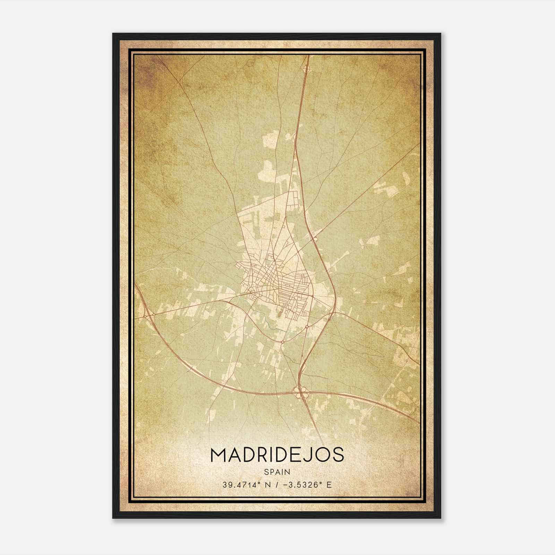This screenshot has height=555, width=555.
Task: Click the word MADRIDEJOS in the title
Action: coord(277,455)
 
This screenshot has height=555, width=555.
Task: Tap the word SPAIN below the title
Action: coord(277,472)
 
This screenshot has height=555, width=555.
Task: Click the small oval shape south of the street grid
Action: coord(279,315)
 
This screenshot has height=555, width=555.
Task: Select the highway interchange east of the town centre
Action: coord(315,238)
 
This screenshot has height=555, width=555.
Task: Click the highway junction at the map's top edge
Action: coord(306,69)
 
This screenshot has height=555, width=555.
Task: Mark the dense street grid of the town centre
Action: coord(274,277)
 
